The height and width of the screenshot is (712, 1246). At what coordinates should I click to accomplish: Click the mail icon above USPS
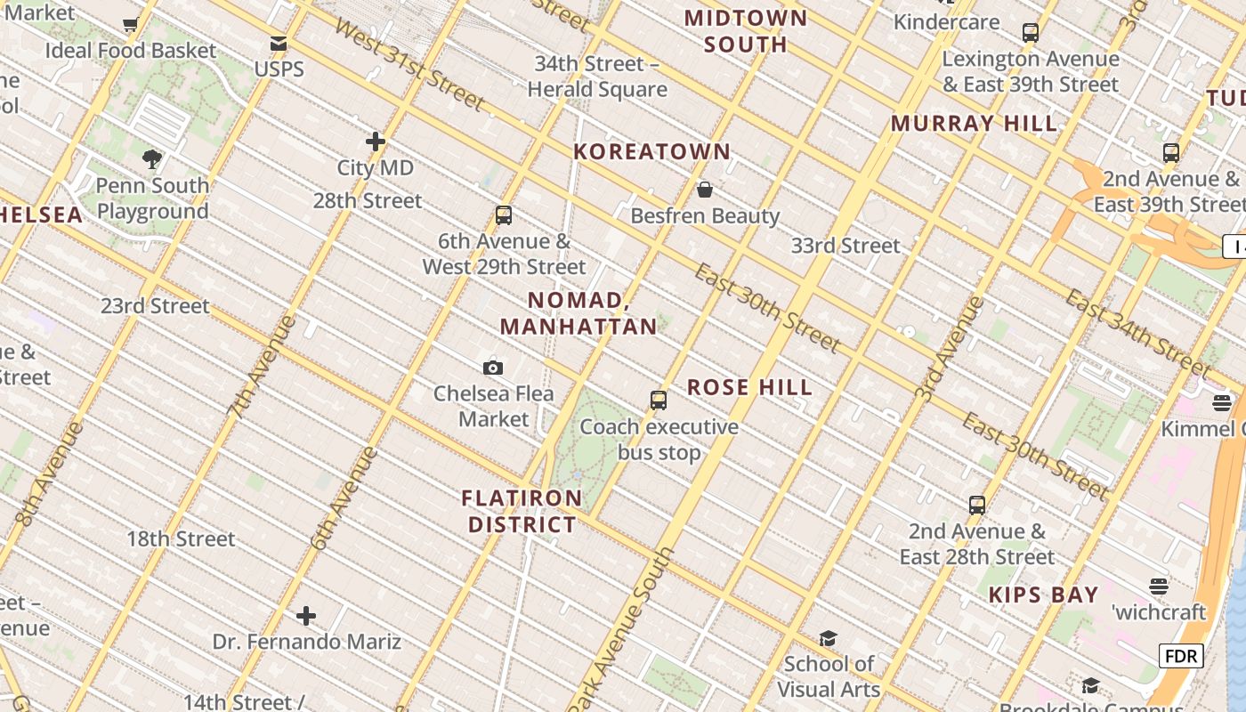[279, 44]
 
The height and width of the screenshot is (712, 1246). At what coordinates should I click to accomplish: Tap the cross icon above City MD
[376, 142]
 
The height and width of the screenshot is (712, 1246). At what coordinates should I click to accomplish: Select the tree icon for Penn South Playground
[152, 159]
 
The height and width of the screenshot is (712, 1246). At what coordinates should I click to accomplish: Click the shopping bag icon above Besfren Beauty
[705, 190]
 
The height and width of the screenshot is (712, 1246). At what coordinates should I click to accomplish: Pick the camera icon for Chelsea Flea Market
[493, 368]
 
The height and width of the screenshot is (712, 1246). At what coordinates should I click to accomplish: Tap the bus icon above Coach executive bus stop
[659, 400]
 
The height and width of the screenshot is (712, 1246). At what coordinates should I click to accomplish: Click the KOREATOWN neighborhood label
[652, 152]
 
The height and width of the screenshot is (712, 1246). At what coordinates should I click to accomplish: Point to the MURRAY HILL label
[975, 124]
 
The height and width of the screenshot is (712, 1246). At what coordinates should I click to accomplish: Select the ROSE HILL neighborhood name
[750, 387]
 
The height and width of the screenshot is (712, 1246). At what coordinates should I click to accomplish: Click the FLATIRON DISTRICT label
[522, 511]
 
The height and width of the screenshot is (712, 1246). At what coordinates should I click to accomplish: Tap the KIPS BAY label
[1044, 595]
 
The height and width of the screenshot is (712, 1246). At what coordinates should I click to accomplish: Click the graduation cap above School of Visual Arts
[828, 638]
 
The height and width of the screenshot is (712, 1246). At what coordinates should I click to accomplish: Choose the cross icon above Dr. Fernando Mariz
[306, 615]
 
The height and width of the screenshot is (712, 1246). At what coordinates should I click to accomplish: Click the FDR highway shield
[1181, 657]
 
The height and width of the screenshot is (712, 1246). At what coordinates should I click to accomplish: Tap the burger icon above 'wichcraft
[1158, 587]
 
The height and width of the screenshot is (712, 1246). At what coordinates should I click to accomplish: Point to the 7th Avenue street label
[262, 366]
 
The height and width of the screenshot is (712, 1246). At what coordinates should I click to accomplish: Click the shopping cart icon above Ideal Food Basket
[131, 25]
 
